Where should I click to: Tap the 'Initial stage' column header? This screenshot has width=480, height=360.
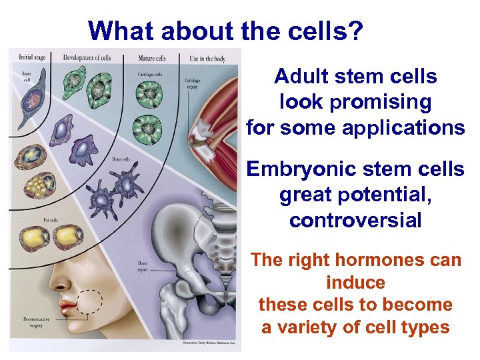[x=32, y=57]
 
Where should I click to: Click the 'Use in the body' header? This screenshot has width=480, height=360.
[x=207, y=59]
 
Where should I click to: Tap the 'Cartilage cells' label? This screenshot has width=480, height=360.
[x=149, y=74]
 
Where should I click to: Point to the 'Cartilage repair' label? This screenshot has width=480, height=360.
[x=193, y=83]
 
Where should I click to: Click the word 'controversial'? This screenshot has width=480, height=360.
[x=355, y=220]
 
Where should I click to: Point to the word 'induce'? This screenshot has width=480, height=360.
[x=355, y=283]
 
